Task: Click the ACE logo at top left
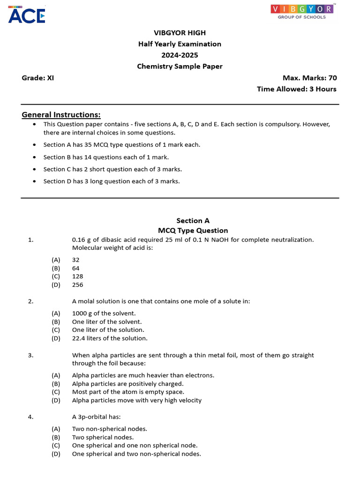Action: pos(27,16)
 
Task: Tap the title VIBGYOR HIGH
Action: pos(180,33)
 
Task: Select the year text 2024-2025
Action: pos(180,55)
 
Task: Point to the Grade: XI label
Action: pos(38,78)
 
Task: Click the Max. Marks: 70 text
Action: pos(309,78)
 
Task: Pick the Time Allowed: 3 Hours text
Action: pos(296,89)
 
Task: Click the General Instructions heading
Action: pos(61,115)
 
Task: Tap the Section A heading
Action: pos(193,220)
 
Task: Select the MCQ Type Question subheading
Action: pos(193,230)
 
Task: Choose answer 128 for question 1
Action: pos(78,277)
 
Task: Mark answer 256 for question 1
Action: pos(78,285)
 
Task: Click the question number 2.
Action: pos(30,301)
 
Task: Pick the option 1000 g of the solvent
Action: pos(104,313)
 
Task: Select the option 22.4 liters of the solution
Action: pos(110,338)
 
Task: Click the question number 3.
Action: pos(30,355)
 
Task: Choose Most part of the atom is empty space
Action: pos(128,392)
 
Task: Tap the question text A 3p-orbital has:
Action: pos(97,417)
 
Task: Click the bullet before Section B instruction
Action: pos(35,157)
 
